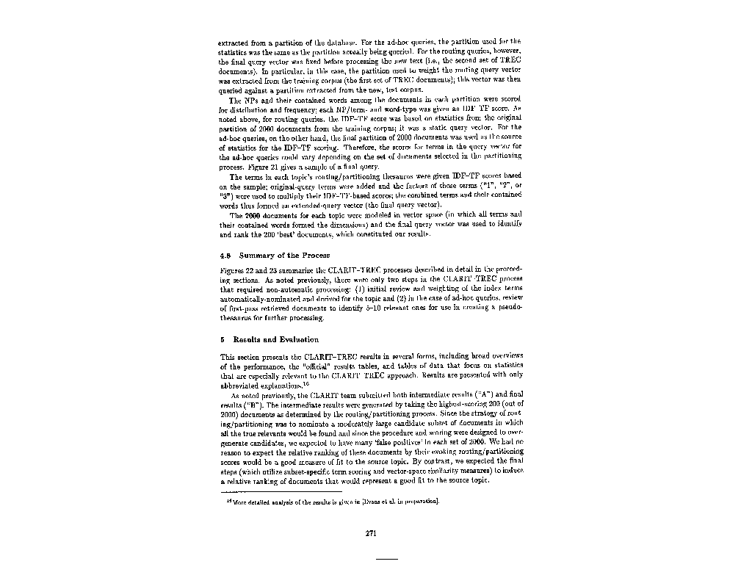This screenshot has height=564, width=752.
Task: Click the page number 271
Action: [371, 533]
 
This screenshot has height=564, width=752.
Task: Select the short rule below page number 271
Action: [386, 559]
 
